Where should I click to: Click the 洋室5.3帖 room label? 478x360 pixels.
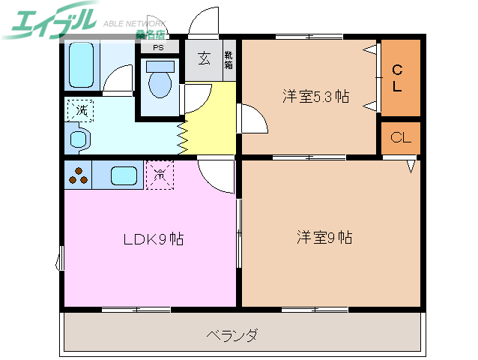coord(315,97)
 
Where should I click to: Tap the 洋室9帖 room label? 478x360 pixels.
coord(324,238)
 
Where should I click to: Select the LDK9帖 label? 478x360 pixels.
coord(154,240)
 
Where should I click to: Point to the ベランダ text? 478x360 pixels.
coord(232,335)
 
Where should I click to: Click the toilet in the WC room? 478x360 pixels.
coord(160,82)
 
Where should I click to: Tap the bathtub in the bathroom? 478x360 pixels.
coord(80,64)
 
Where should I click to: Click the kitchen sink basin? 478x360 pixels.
coord(124,176)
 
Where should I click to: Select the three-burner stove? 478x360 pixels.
coord(78,176)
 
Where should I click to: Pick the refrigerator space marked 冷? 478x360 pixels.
coord(160,175)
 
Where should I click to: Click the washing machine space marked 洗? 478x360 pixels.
coord(79,110)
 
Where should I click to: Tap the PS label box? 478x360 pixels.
coord(158,47)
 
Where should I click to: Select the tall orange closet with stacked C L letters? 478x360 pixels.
coord(399,78)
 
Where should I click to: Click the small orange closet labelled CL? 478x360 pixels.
coord(400,137)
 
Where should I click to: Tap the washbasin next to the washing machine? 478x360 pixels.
coord(79,139)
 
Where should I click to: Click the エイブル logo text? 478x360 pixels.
coord(52,20)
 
